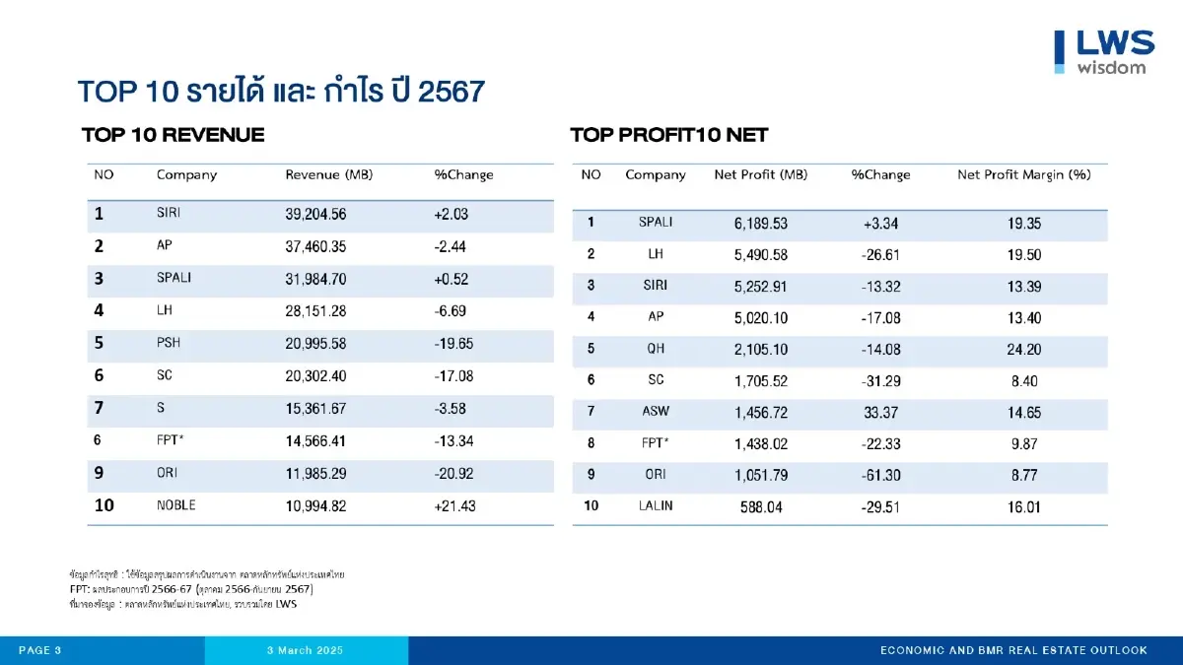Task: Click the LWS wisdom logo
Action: (x=1103, y=51)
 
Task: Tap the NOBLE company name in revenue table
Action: (x=176, y=505)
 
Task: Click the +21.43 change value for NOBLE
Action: (x=455, y=505)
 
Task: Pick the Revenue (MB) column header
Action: (x=327, y=175)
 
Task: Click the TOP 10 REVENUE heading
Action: (x=173, y=135)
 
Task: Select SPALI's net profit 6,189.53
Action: (x=761, y=224)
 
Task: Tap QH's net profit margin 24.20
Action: (x=1024, y=350)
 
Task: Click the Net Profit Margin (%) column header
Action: (x=1023, y=175)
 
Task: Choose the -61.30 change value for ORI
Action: (x=880, y=475)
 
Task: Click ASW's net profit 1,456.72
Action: (x=761, y=413)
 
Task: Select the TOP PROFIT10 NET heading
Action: (x=668, y=135)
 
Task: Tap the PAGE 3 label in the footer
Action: (x=40, y=650)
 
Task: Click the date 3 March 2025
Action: (x=306, y=650)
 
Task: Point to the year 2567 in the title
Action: (x=452, y=93)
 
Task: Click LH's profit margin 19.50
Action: (x=1024, y=255)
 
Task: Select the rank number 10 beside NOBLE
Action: (x=104, y=505)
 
